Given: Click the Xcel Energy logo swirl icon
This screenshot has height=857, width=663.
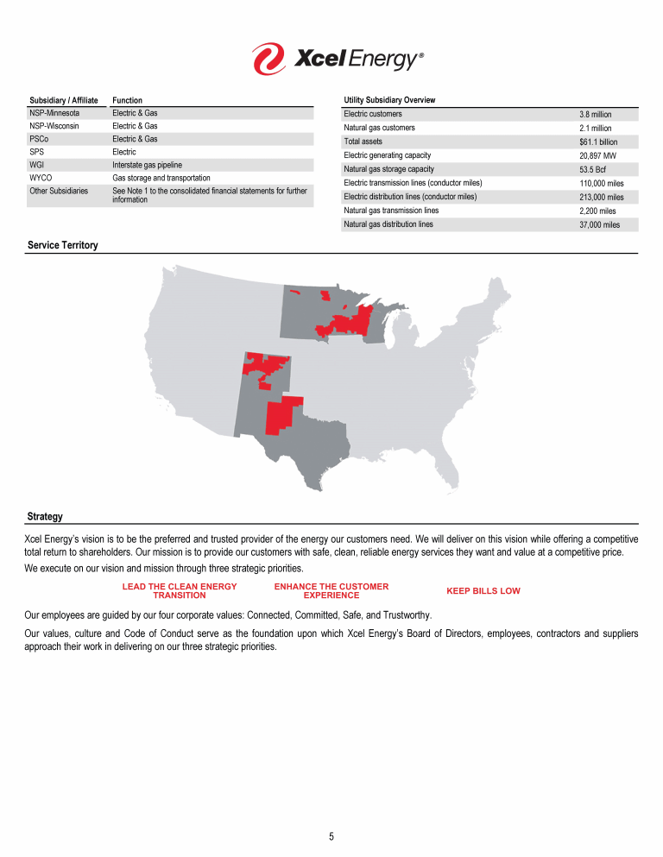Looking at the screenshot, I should pos(268,59).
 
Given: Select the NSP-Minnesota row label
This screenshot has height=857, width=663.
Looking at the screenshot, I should pos(54,113).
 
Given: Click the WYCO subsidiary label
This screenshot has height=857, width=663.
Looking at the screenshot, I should pos(41,178).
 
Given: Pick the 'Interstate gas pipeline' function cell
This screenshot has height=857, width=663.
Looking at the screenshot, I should pos(148,165).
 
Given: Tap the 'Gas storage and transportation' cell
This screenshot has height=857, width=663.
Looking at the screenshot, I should pos(161,178).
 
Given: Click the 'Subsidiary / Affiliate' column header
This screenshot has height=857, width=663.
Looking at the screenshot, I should pos(64,100).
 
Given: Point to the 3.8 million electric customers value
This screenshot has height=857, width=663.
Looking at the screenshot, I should pos(595,114).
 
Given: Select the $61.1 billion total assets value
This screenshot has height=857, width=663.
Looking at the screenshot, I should pos(598,142).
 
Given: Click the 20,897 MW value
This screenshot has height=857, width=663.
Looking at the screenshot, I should pos(597,155).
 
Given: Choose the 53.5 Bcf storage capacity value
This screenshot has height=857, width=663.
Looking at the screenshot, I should pos(593,169).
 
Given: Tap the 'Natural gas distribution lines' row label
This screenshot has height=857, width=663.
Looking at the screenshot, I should pos(388,224).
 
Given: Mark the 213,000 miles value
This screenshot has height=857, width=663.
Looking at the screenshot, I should pos(601,197).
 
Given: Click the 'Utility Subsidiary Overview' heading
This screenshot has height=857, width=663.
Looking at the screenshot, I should pos(389,100).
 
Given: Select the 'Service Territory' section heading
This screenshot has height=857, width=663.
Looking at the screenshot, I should pos(63,246).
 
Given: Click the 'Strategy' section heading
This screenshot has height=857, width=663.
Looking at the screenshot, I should pos(45,517).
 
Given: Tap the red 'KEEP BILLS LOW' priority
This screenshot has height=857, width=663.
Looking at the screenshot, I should pos(483,591).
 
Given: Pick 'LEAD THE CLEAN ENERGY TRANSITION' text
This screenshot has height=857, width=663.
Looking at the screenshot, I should pos(180,591).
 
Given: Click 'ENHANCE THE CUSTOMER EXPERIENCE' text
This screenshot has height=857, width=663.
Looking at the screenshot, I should pos(331,591).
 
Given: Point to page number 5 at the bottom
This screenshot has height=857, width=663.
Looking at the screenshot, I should pos(331,836).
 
